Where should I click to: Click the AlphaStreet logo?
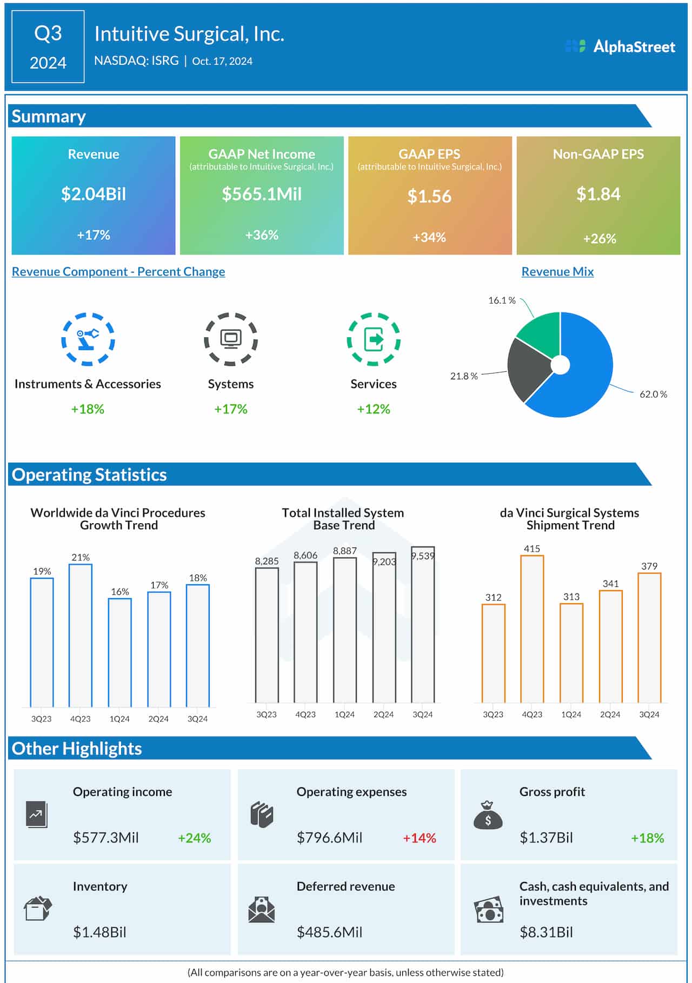coord(620,46)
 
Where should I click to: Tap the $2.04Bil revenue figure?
coord(94,194)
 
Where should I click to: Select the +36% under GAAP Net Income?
coord(262,235)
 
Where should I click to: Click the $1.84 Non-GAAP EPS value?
coord(598,194)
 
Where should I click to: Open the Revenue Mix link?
coord(557,272)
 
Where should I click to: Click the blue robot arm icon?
coord(88,339)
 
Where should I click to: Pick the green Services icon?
coord(374,339)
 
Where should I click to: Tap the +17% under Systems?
coord(231,409)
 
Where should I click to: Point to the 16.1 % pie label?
coord(502,300)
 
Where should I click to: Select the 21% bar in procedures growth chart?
coord(81,635)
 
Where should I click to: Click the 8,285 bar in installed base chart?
coord(267,635)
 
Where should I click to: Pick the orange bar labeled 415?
coord(532,630)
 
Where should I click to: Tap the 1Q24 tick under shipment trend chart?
coord(571,714)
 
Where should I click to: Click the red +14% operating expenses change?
coord(419,838)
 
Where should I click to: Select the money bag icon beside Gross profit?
coord(488,815)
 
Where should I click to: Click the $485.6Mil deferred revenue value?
coord(329,932)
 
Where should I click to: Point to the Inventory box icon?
coord(38,908)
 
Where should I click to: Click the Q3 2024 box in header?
coord(48,47)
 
